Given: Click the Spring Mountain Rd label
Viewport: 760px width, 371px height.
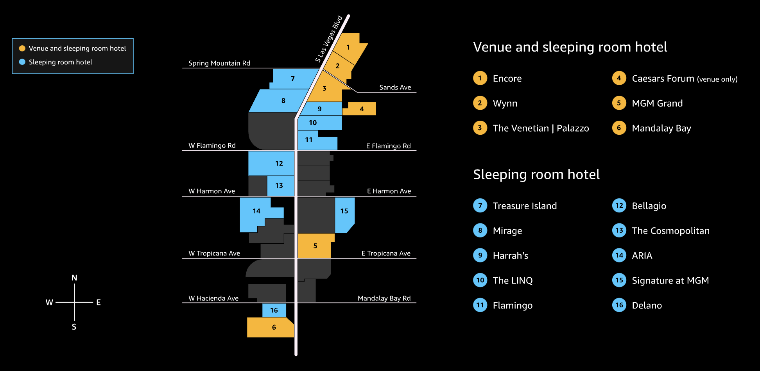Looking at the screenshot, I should tap(219, 63).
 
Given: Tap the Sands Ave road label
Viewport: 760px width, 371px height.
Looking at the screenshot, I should tap(395, 87).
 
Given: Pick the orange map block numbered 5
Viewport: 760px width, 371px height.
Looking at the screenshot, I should tap(315, 246).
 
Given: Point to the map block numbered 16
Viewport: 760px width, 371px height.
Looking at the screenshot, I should tap(274, 310).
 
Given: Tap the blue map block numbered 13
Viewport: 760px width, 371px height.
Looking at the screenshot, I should tap(280, 186).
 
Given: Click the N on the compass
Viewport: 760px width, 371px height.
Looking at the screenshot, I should tap(74, 278).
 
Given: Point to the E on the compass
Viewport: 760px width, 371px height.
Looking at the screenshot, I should tap(99, 302).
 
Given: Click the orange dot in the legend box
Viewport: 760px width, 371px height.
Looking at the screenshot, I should tap(22, 48).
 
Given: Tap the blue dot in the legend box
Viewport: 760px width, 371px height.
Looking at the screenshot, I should tap(22, 62).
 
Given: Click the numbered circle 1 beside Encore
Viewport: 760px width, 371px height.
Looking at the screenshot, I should tap(480, 78).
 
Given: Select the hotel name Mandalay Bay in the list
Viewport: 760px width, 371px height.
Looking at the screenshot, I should tap(661, 128).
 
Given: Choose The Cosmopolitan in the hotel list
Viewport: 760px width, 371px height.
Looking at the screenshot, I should tap(670, 231).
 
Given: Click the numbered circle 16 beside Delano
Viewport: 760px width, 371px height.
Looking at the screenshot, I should tap(619, 305).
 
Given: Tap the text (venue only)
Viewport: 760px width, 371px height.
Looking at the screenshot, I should tap(717, 79).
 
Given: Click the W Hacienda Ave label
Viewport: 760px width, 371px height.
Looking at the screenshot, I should tap(213, 298).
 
